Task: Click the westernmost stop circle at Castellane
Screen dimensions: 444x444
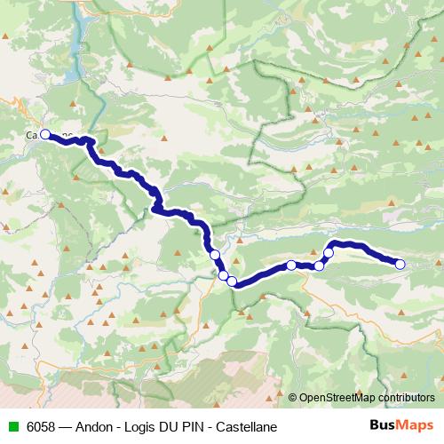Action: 44,135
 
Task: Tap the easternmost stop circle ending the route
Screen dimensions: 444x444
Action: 400,264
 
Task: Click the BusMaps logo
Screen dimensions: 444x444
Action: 401,426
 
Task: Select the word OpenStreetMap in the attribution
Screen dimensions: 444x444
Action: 337,397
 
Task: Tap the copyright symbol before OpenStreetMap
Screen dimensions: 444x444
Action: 292,397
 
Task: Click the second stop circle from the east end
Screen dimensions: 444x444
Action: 328,253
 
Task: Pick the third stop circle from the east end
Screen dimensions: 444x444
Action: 319,266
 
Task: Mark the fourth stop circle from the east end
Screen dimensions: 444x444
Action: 291,265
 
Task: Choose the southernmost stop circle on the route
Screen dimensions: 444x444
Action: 232,281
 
